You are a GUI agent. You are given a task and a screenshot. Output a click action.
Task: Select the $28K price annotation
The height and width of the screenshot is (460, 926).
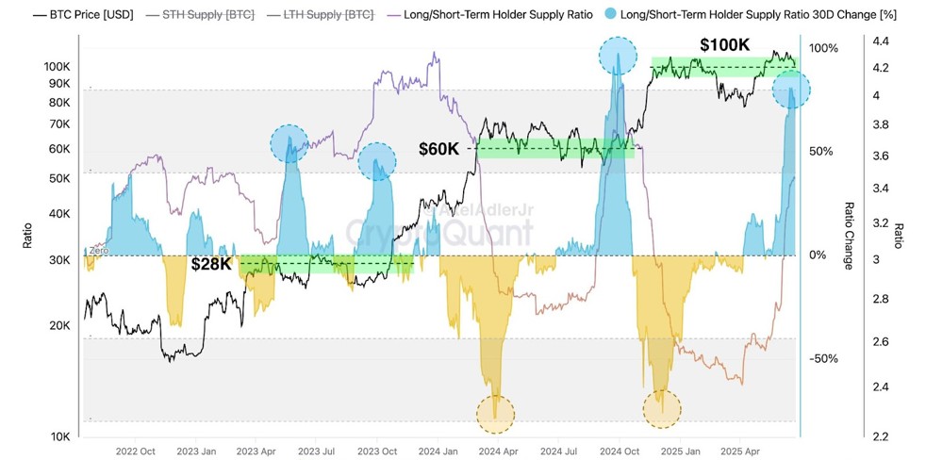210,264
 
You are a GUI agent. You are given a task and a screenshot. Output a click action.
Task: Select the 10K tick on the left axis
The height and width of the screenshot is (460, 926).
59,436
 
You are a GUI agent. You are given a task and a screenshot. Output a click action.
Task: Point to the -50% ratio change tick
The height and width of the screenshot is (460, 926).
821,358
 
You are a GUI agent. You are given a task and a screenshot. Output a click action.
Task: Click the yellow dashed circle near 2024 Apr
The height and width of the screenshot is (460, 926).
495,412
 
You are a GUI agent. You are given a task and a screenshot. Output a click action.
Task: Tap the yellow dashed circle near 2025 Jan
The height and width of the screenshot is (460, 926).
661,408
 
